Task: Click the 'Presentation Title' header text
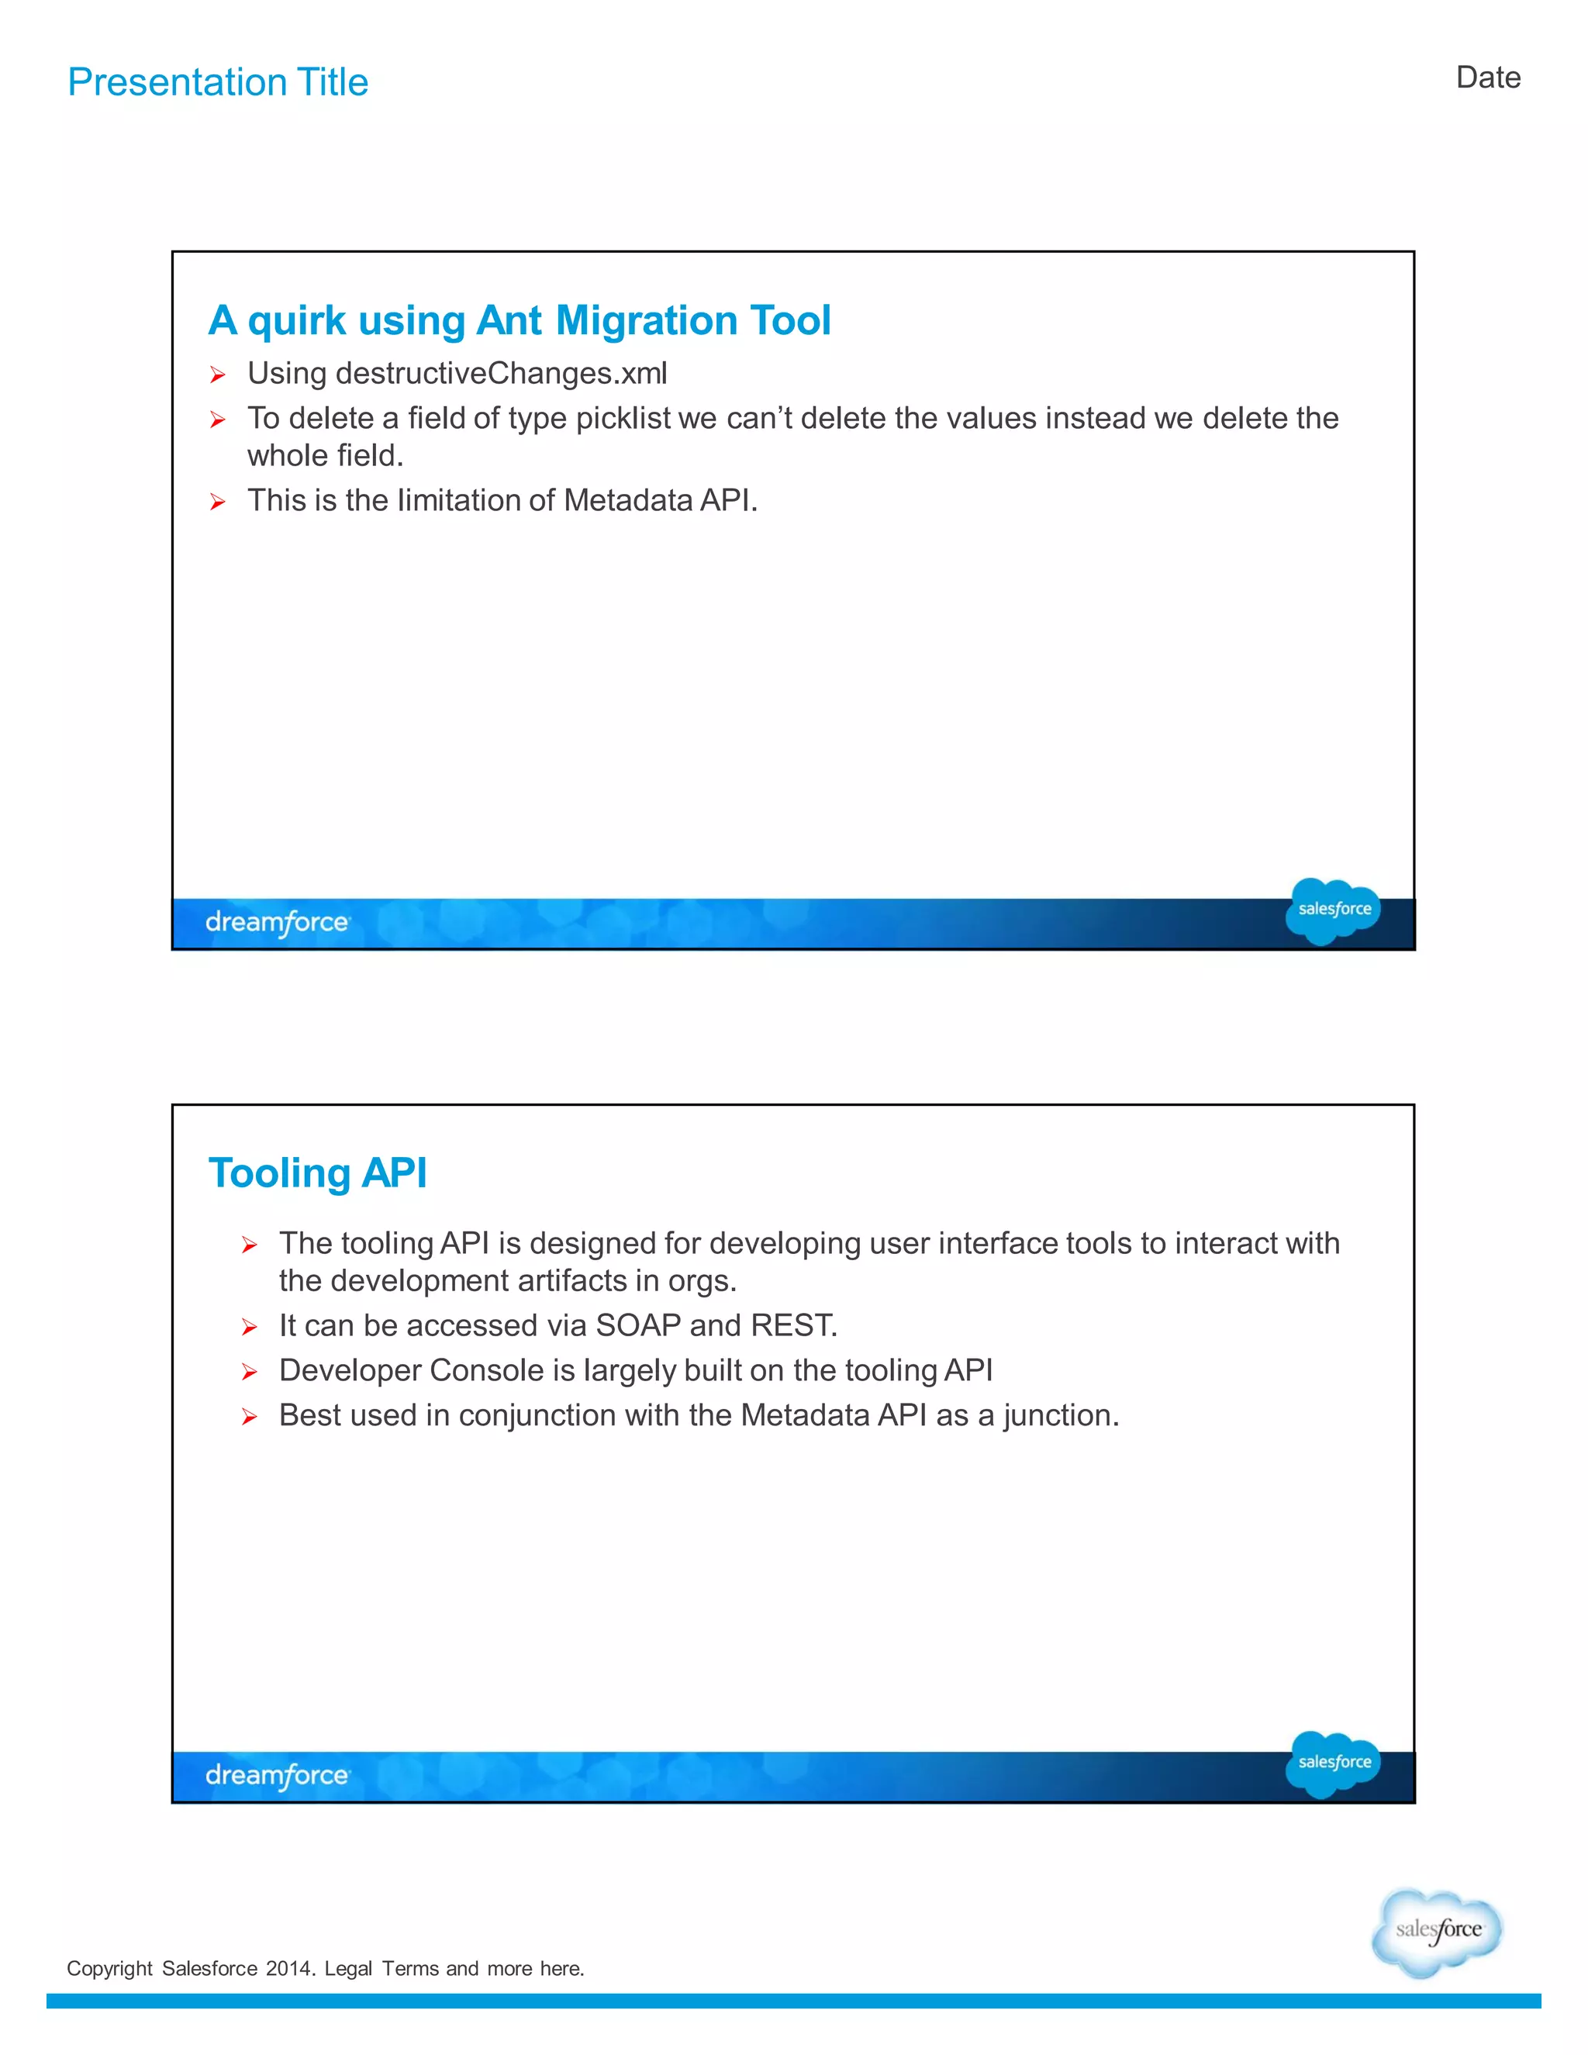coord(218,83)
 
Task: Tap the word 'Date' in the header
coord(1487,77)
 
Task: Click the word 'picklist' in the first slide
coord(623,418)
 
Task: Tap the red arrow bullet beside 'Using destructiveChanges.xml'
coord(217,375)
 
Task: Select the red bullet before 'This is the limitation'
coord(217,503)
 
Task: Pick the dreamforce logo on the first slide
coord(278,922)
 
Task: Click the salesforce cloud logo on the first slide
coord(1332,909)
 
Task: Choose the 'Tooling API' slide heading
coord(317,1173)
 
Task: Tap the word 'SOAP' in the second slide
coord(638,1326)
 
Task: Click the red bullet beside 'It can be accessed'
coord(250,1328)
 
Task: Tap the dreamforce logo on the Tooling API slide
coord(278,1776)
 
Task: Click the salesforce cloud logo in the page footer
coord(1437,1931)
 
